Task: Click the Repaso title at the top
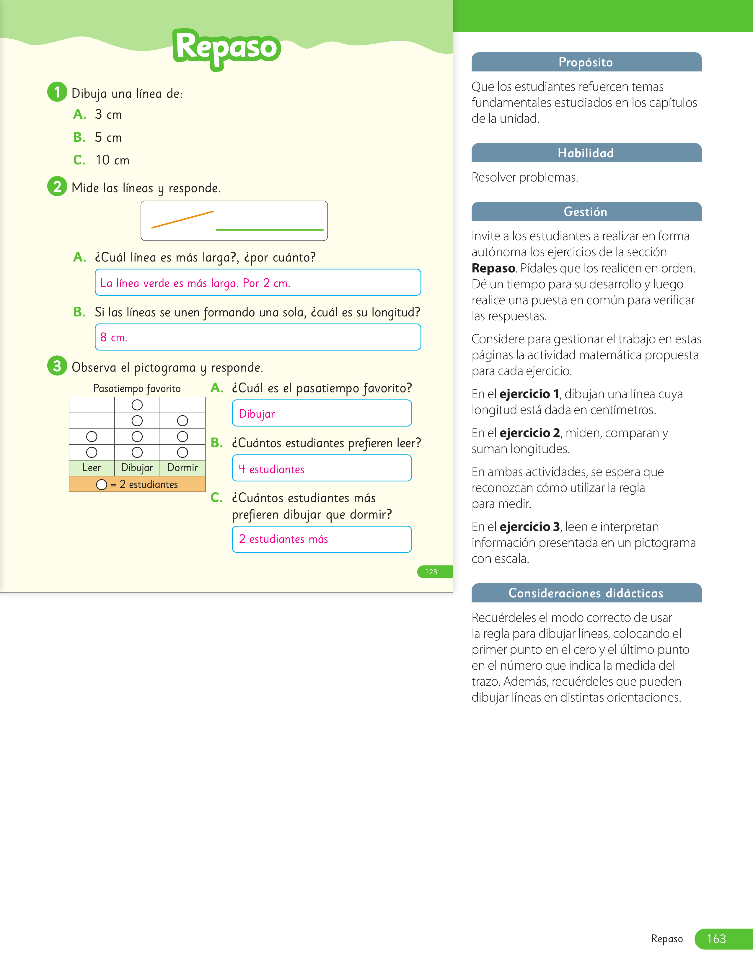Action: (x=226, y=48)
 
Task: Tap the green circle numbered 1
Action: (x=57, y=92)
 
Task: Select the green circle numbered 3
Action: (x=57, y=366)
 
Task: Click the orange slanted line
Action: (x=182, y=219)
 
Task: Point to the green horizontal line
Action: (x=269, y=230)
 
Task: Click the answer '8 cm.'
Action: (x=114, y=337)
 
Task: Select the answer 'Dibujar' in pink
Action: (x=257, y=414)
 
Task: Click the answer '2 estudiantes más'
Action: (x=283, y=539)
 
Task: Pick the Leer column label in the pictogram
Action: (x=92, y=468)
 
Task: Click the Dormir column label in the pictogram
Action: (x=182, y=468)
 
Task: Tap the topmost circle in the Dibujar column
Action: (x=137, y=405)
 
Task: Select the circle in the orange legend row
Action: (x=102, y=484)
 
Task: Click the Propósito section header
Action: (x=586, y=62)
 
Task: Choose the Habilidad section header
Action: (x=586, y=153)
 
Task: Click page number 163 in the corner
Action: (x=716, y=939)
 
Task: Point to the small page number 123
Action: (x=431, y=572)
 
